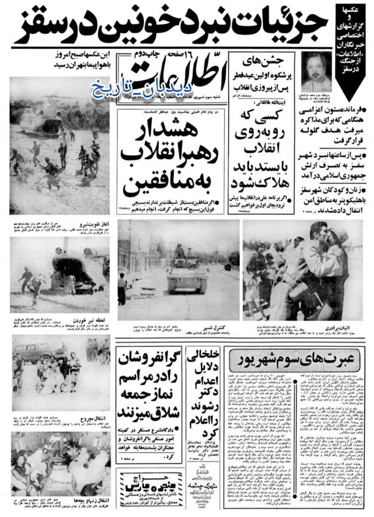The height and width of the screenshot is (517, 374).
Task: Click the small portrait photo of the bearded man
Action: [x=316, y=72]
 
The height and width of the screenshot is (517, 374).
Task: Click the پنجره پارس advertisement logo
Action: [x=146, y=487]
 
